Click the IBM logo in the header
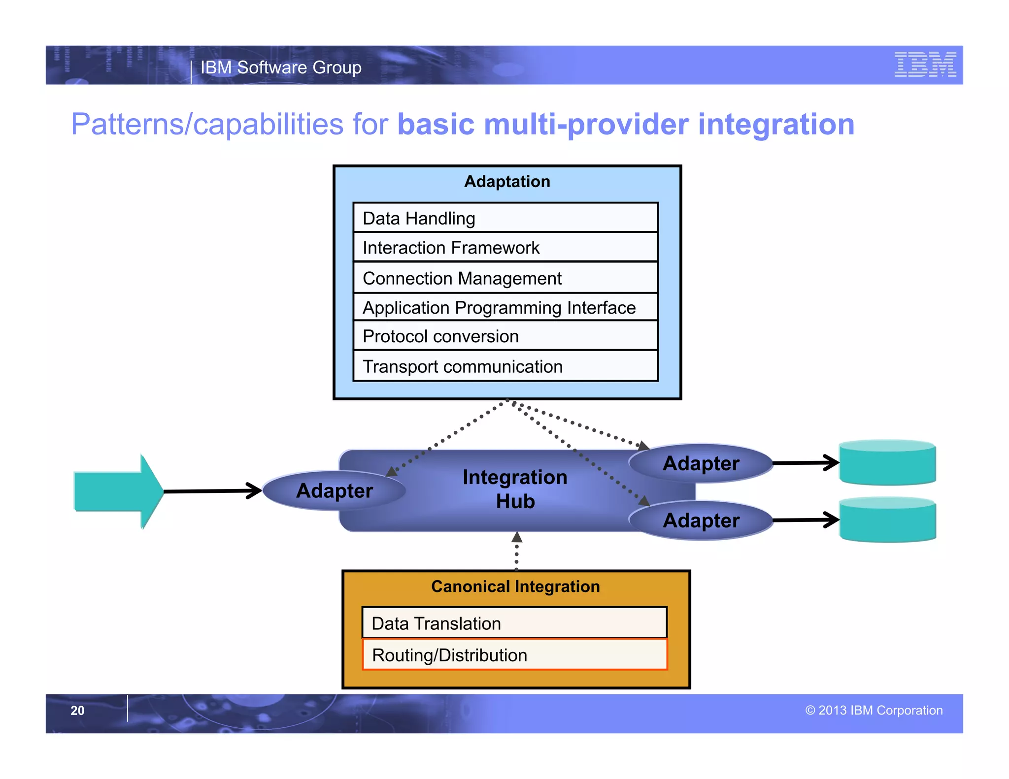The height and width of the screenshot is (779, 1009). (x=925, y=65)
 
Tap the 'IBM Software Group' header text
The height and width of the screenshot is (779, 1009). (x=281, y=67)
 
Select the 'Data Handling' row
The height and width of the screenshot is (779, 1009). (x=505, y=218)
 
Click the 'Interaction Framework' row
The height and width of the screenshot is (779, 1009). (x=505, y=247)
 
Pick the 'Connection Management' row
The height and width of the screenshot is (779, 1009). (x=505, y=278)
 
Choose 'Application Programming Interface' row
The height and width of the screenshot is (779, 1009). (x=505, y=307)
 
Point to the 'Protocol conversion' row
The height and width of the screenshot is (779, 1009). (x=505, y=336)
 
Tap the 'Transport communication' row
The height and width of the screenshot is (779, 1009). (x=505, y=366)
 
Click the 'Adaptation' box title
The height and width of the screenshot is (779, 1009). (x=507, y=181)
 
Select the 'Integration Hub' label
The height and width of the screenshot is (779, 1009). (x=515, y=489)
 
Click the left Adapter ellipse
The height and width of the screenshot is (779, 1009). (x=335, y=490)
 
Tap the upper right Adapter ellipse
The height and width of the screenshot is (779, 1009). (x=701, y=463)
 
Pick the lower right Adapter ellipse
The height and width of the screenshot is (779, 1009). (x=701, y=520)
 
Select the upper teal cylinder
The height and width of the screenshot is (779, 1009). (x=887, y=463)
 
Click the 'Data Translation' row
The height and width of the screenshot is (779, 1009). (x=514, y=623)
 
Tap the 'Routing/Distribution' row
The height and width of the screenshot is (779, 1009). (x=514, y=655)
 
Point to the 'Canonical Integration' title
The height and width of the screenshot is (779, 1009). (x=515, y=586)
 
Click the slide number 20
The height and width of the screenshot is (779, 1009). (x=77, y=710)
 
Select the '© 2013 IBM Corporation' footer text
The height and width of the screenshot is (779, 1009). (x=874, y=710)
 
